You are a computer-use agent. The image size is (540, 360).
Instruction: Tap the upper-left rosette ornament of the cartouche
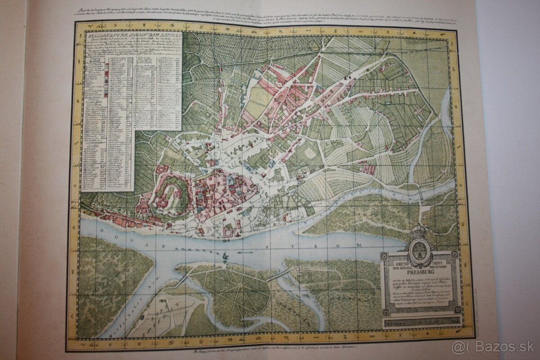tap(383, 256)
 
